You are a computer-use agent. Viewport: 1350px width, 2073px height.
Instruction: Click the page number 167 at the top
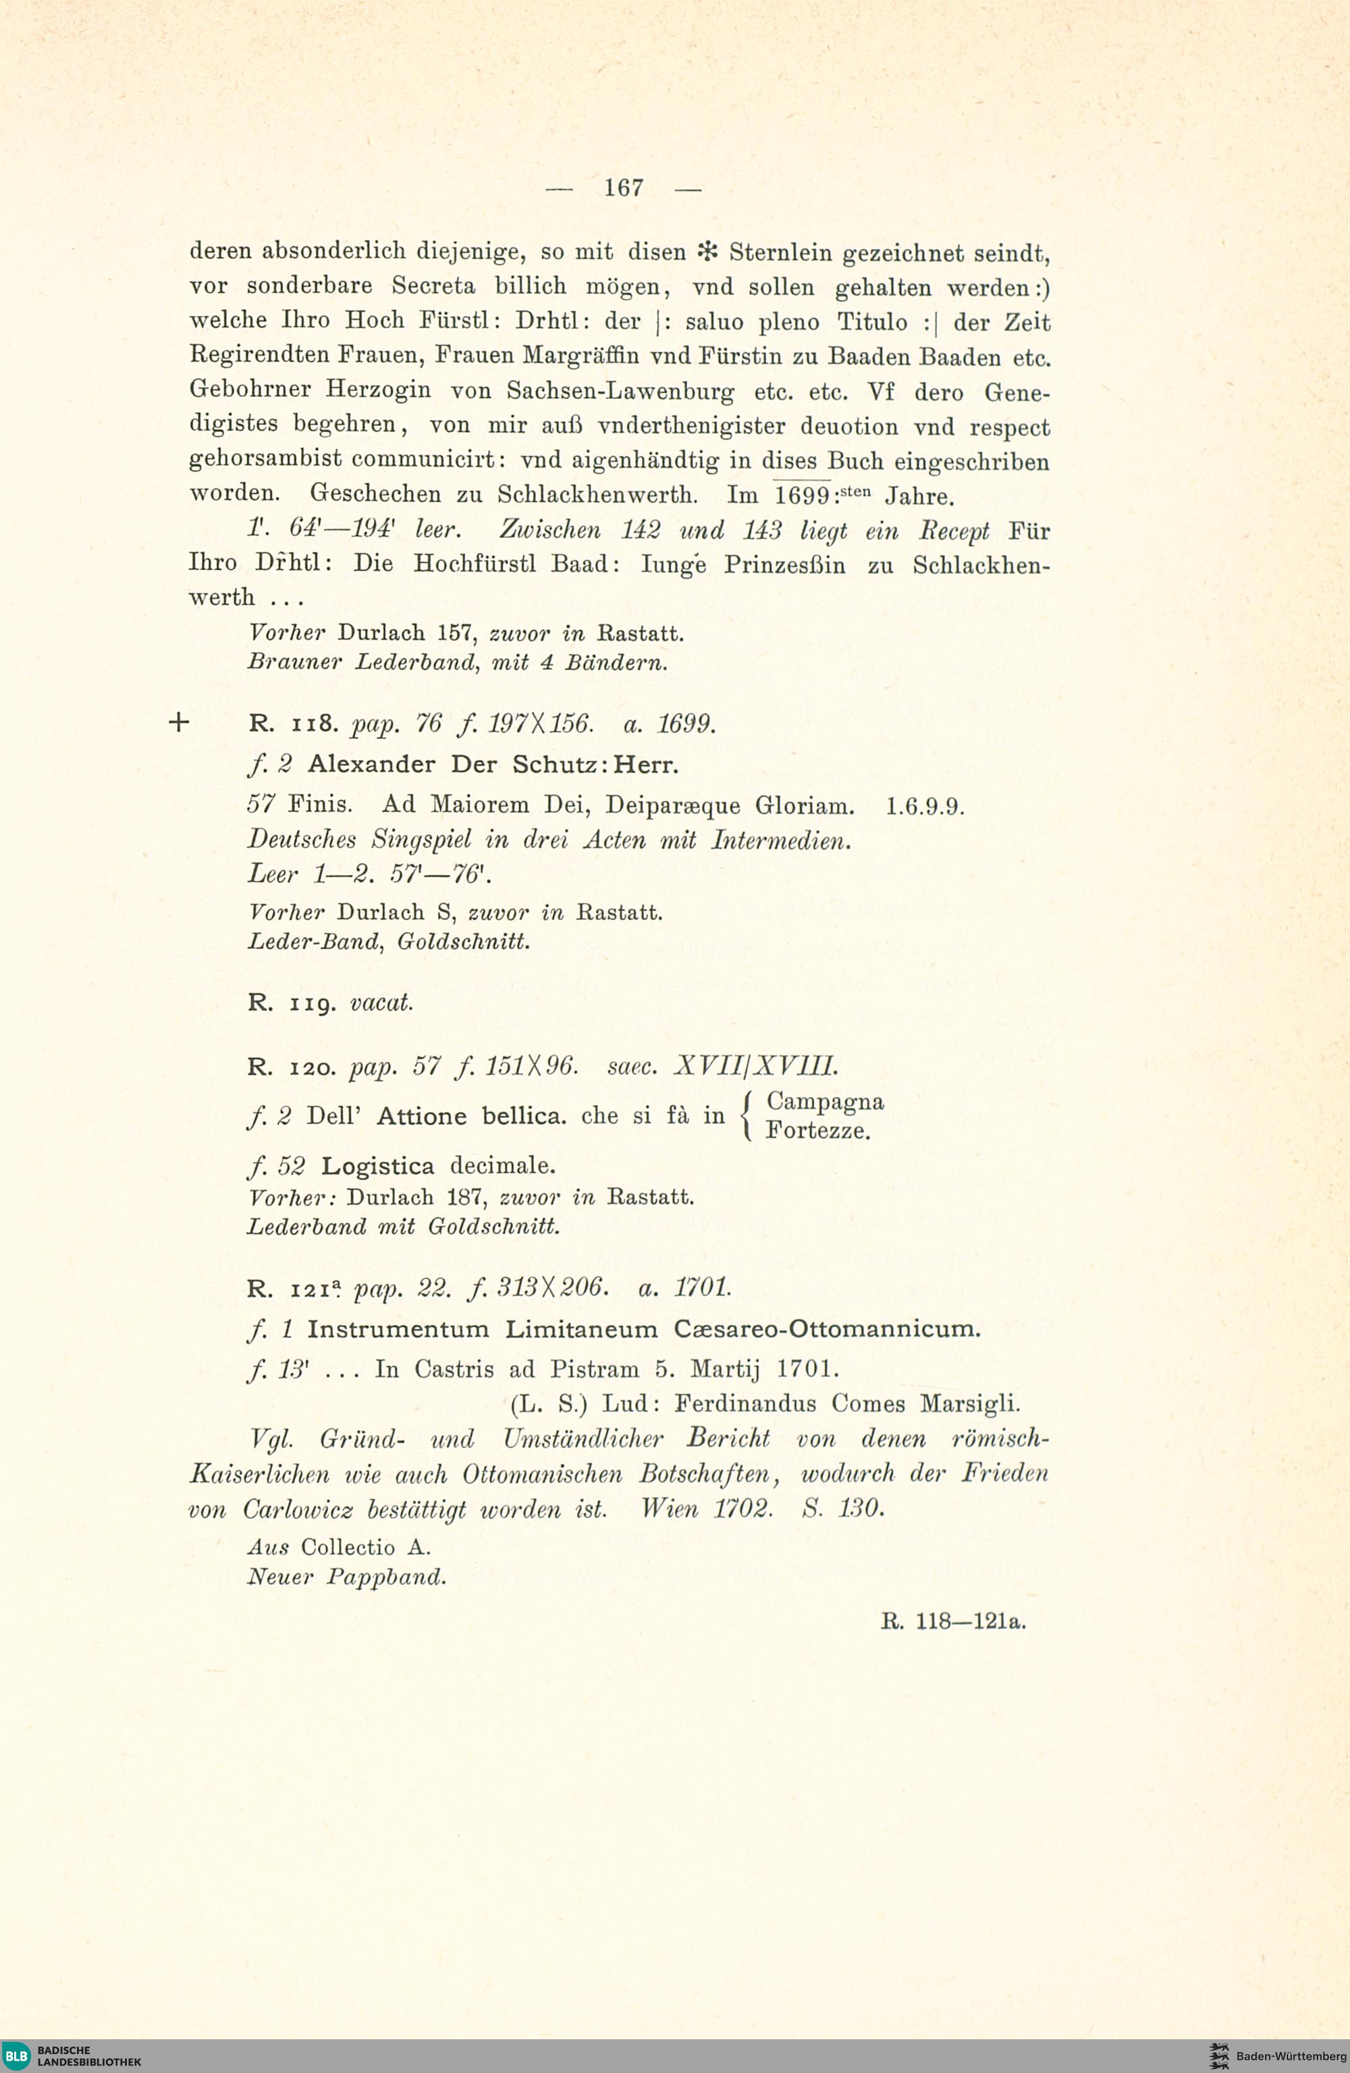(x=624, y=187)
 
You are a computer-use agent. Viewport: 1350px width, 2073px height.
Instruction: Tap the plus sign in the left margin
(x=179, y=722)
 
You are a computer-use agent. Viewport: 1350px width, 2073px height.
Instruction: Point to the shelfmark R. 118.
(x=293, y=724)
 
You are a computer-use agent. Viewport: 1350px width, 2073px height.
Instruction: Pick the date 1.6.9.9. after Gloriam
(x=925, y=806)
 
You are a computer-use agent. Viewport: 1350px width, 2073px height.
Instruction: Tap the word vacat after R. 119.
(x=381, y=1002)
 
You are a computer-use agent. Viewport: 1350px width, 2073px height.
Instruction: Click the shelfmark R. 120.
(x=293, y=1066)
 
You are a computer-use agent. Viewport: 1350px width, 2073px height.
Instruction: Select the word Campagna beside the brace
(x=825, y=1102)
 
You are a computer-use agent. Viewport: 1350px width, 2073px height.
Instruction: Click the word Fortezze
(x=818, y=1131)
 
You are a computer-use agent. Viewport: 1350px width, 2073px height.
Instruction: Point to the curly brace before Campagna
(x=746, y=1116)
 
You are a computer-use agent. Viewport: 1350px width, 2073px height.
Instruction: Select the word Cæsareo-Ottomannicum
(x=827, y=1330)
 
